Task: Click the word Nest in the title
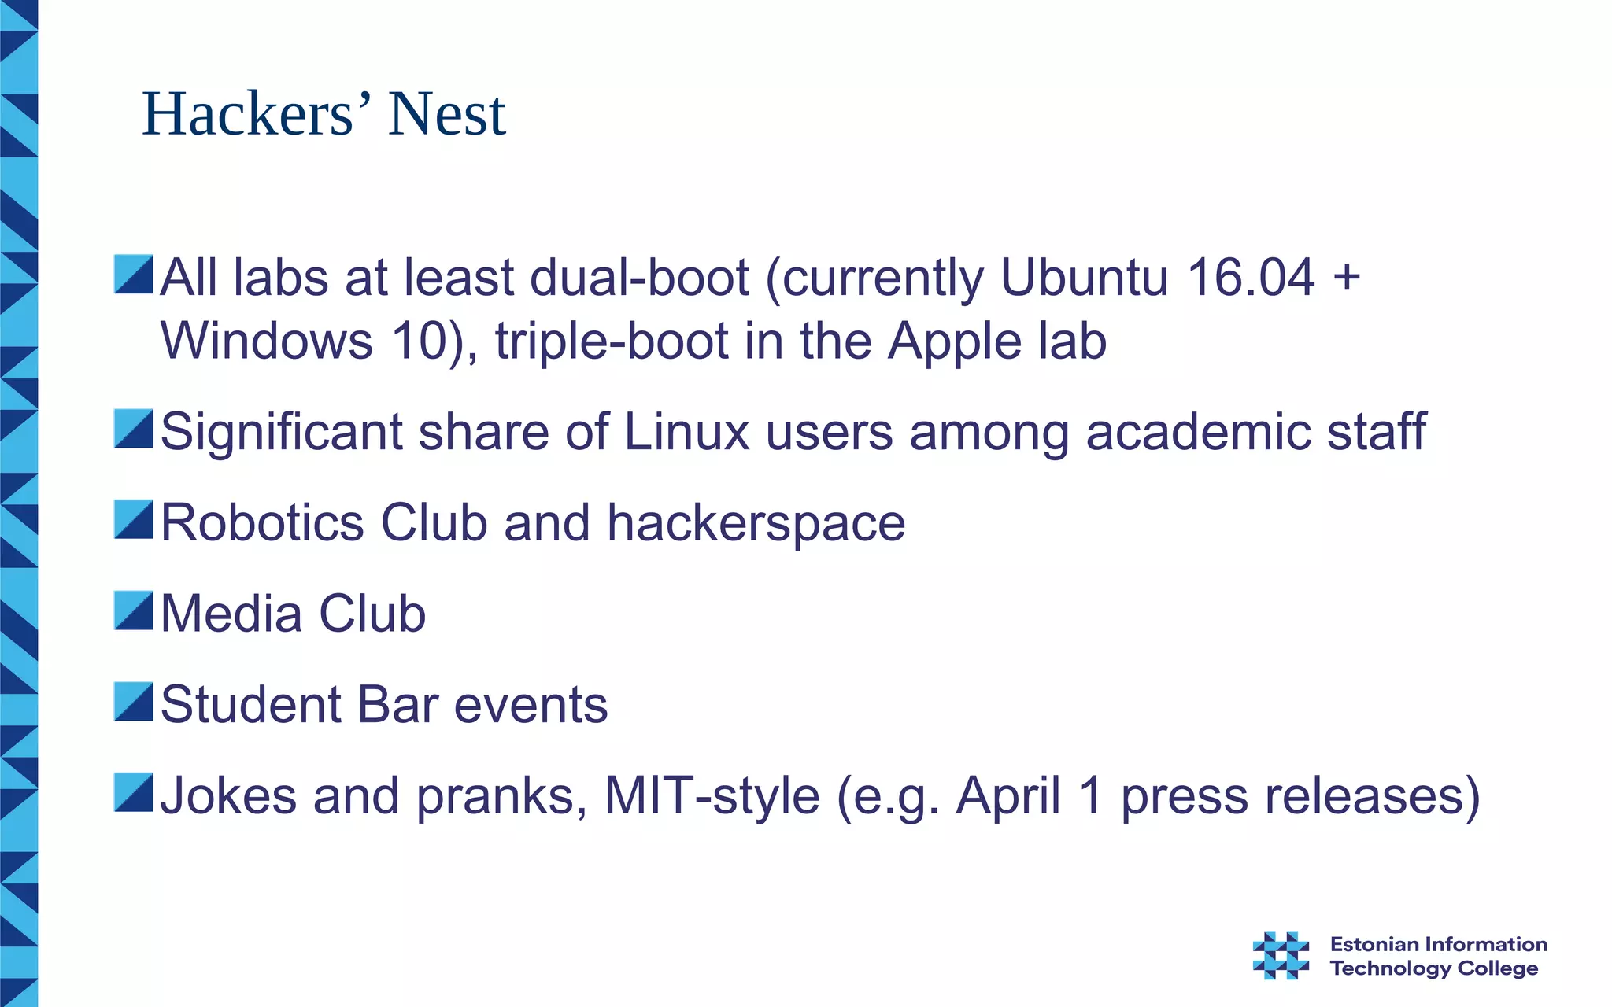[x=446, y=115]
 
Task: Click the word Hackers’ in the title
[x=248, y=115]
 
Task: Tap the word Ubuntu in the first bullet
[x=1084, y=278]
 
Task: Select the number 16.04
[x=1251, y=278]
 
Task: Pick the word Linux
[x=686, y=432]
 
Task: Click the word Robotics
[x=262, y=522]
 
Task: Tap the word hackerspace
[x=756, y=524]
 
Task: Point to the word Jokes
[x=229, y=795]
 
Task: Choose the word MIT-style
[x=712, y=795]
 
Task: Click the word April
[x=1008, y=796]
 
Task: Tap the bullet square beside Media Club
[x=133, y=611]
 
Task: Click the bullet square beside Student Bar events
[x=133, y=702]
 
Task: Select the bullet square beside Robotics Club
[x=133, y=520]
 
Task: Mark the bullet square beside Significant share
[x=133, y=429]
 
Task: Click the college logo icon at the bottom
[x=1281, y=955]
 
